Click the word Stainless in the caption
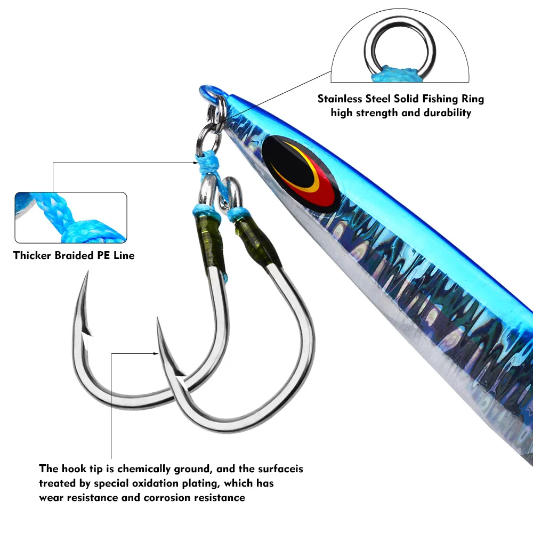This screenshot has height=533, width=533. click(340, 99)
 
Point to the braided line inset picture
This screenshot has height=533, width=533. click(71, 217)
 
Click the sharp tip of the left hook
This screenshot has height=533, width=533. click(88, 272)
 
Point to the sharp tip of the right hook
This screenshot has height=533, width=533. click(157, 319)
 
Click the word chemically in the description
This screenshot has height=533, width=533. click(143, 469)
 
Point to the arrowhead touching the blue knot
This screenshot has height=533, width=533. click(196, 163)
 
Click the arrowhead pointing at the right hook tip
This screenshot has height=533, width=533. click(156, 353)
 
